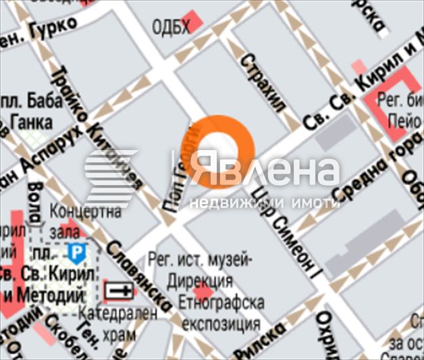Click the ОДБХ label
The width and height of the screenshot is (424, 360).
167,27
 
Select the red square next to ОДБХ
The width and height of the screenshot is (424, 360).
194,22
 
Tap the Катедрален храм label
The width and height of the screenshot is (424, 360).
116,323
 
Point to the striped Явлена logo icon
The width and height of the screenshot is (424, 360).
112,176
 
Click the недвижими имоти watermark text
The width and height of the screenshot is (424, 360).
263,202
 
